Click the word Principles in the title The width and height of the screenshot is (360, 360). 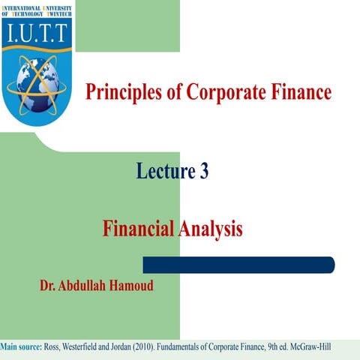click(121, 93)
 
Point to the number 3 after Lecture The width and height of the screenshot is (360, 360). click(203, 172)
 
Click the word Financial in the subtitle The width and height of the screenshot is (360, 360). click(139, 229)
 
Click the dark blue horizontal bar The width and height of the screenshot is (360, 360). click(238, 265)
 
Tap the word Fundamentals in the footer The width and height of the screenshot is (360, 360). click(196, 346)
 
